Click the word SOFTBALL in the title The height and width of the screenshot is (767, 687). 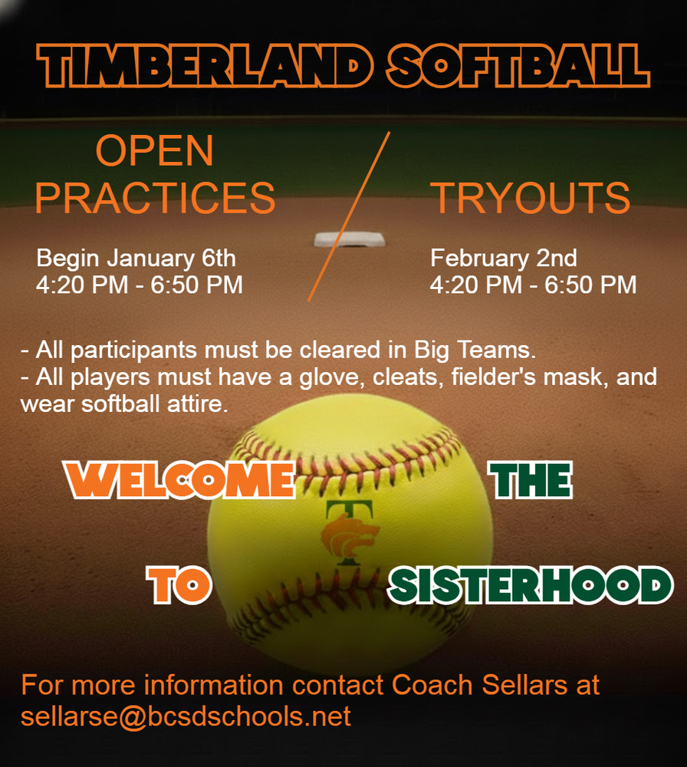point(518,64)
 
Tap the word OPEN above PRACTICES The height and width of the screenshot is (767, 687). point(154,152)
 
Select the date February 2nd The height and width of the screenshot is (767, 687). point(503,257)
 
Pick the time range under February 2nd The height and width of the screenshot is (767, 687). point(533,285)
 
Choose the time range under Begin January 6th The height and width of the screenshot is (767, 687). point(140,285)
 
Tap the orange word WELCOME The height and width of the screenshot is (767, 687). point(181,480)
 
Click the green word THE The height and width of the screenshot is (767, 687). point(531,480)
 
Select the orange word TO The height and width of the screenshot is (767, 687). point(179,585)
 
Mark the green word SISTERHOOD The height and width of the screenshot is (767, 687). point(530,585)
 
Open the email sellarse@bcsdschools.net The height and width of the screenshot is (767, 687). point(186,716)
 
